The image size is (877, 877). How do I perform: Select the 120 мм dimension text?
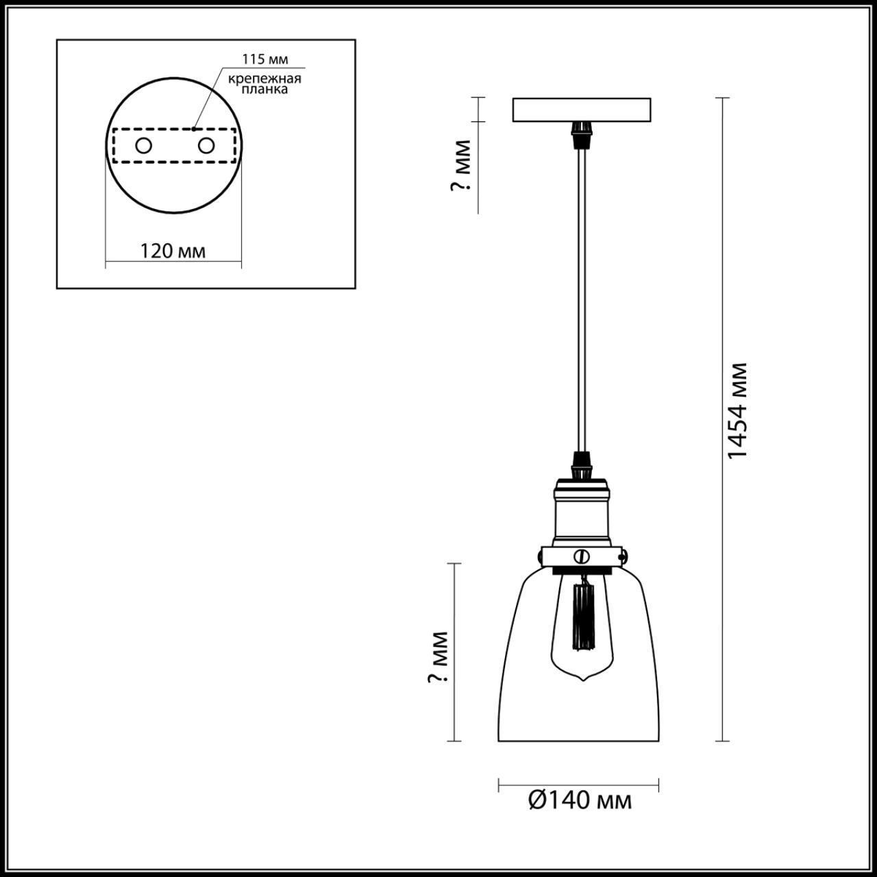click(173, 251)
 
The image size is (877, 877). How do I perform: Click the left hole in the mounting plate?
click(144, 145)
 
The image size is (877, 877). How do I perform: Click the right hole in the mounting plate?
click(206, 145)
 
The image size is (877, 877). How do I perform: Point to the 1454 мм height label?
click(737, 411)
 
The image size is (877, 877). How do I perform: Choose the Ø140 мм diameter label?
click(580, 800)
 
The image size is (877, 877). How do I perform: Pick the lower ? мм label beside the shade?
click(437, 658)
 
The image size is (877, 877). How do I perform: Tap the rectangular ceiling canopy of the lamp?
click(582, 110)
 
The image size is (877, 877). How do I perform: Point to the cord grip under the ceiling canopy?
click(582, 134)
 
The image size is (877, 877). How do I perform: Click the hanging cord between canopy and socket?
click(582, 295)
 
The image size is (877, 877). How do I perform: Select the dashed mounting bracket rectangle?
click(175, 146)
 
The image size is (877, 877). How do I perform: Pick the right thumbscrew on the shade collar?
click(624, 554)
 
